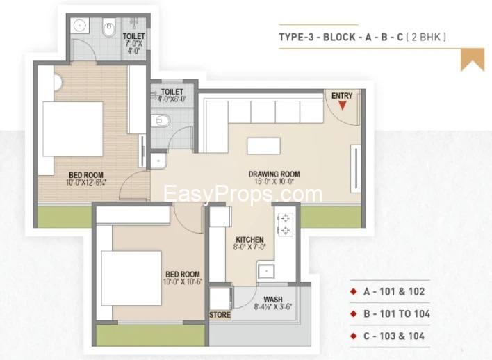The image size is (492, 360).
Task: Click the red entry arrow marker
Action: point(343,106)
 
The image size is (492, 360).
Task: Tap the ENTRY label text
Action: point(342,96)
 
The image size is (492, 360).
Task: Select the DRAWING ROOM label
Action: point(274,174)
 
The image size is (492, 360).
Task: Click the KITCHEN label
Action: point(249,240)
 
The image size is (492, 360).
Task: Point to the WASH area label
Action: point(273,300)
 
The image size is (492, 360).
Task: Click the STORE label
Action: point(220,315)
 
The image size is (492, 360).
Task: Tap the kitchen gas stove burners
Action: point(285,224)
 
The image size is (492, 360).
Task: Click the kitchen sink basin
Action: point(266,272)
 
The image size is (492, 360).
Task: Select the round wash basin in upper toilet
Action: point(80,25)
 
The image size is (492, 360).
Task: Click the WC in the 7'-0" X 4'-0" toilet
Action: point(108,28)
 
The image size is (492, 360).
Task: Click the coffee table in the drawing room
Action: point(263,146)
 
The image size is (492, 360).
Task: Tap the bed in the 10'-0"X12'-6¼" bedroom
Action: point(73,129)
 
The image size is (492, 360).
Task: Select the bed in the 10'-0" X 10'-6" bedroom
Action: point(131,278)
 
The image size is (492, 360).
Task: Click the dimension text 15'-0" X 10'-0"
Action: point(274,181)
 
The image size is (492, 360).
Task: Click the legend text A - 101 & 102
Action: point(394,292)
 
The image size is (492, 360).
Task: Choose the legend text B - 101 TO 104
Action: point(397,314)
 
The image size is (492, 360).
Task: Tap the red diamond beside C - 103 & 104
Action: point(354,336)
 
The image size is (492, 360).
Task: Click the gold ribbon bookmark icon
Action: point(473,60)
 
